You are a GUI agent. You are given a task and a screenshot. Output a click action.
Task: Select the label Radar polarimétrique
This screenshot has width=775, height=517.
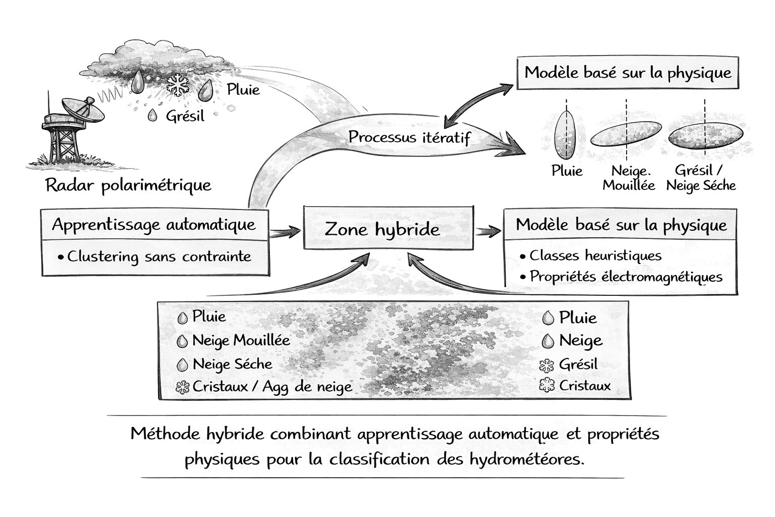[128, 185]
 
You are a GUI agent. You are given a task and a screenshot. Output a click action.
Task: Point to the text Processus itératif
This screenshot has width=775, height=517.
[409, 137]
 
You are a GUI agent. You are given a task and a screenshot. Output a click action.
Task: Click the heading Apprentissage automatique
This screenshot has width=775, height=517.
[154, 224]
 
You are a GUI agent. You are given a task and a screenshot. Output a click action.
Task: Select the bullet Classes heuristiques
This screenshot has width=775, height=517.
[595, 255]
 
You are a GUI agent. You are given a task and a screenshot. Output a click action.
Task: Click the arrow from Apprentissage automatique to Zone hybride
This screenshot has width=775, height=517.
[285, 233]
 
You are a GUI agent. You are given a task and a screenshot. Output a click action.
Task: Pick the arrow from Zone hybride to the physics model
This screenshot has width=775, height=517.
[488, 231]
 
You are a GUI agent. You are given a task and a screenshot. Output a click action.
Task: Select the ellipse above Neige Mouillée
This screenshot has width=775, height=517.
[626, 134]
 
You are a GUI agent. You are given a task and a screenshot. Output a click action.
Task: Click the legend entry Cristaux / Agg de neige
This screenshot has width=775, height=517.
[271, 387]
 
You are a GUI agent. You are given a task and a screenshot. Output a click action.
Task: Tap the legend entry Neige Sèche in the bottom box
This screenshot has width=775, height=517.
[232, 364]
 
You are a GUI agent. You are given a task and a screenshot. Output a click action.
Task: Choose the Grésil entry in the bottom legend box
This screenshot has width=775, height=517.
[578, 364]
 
